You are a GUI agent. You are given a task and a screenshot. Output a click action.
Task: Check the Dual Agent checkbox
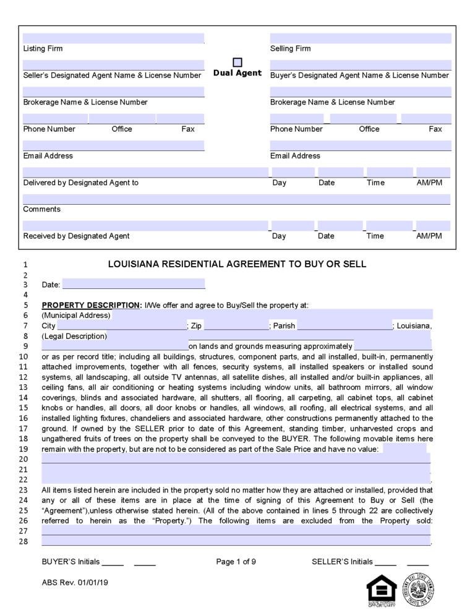tap(237, 62)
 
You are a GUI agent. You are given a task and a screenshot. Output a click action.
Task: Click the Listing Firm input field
tap(113, 38)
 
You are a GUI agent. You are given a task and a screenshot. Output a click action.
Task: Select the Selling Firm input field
tap(361, 38)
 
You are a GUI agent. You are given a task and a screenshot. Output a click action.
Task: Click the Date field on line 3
tap(134, 284)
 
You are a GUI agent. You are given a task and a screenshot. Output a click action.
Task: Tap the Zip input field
tap(236, 326)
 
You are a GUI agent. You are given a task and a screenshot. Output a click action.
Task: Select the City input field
tap(121, 326)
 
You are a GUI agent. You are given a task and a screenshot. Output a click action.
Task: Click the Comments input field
tap(237, 199)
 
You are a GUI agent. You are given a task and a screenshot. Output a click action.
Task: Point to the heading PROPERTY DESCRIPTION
tap(91, 305)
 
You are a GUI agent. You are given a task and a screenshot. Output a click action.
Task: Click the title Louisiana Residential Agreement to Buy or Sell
tap(237, 264)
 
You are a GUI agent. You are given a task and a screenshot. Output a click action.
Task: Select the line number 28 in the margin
tap(25, 541)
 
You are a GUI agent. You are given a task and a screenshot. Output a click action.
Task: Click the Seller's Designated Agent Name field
tap(113, 65)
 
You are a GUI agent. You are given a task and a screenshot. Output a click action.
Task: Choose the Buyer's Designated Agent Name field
tap(361, 65)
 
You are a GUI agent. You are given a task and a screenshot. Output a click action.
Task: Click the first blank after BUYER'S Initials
tap(113, 562)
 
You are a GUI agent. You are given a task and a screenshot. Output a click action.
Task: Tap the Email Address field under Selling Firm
tap(361, 145)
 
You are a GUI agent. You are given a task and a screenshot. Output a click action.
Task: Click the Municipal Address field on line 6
tap(272, 315)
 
